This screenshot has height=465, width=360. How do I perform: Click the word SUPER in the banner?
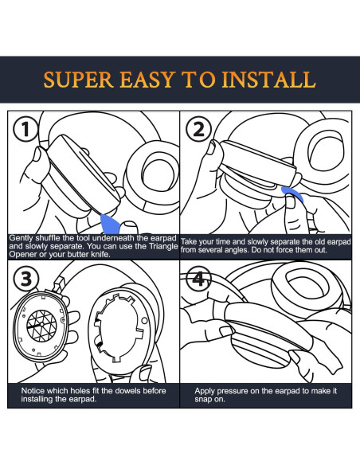tap(79, 80)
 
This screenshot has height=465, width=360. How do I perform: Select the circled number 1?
tap(25, 130)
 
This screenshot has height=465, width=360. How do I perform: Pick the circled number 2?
tap(198, 130)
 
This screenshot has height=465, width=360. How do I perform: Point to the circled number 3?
tap(26, 279)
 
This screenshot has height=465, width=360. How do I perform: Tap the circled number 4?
tap(198, 279)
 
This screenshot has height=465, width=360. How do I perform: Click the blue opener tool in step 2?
tap(292, 194)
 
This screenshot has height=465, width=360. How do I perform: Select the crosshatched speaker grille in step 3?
tap(41, 326)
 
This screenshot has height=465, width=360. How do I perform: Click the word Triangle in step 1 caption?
tap(163, 246)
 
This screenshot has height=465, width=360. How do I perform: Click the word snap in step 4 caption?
tap(203, 399)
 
